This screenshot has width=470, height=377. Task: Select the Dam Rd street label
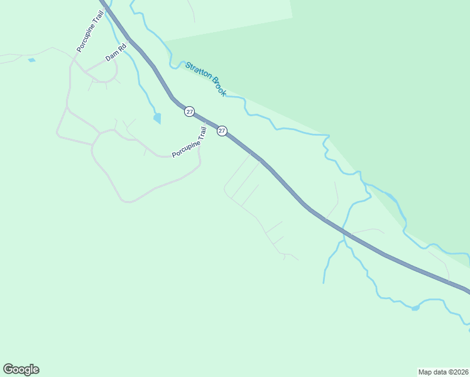116,53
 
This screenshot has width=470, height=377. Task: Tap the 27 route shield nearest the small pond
189,111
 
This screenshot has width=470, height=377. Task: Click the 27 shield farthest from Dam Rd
222,131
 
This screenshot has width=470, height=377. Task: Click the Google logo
21,369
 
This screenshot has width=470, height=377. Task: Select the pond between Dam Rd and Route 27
157,118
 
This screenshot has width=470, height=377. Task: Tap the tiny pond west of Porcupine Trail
31,60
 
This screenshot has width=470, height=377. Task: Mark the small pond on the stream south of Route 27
415,308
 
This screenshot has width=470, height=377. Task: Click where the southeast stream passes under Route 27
344,232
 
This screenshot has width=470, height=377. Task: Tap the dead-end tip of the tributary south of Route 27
324,283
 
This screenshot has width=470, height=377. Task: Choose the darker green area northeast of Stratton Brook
390,94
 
